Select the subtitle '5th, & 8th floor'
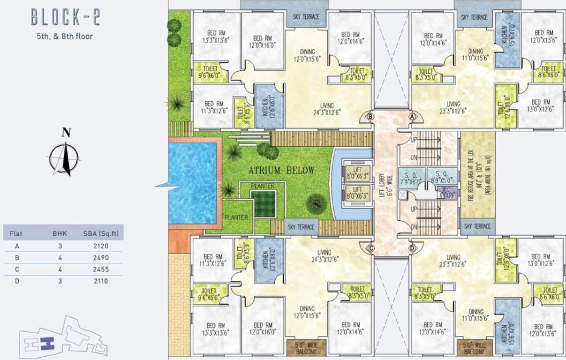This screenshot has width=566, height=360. coord(65,36)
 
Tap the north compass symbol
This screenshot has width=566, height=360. coord(64,157)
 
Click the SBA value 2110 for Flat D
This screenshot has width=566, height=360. coord(100,281)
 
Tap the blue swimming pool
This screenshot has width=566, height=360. coord(192,182)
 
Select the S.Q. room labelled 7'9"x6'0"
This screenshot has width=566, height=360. coord(411,176)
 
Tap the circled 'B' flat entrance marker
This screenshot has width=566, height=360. coord(370,116)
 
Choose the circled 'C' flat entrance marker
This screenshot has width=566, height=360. coord(370,248)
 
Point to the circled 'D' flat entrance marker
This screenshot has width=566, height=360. coord(412,248)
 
